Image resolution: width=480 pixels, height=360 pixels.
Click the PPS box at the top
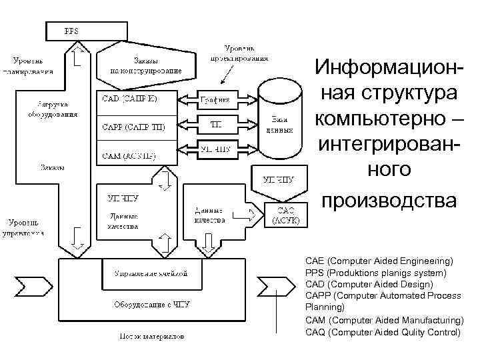[x=86, y=31]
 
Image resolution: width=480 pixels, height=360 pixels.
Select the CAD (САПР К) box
[x=136, y=99]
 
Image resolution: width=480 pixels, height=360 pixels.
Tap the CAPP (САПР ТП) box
[x=136, y=127]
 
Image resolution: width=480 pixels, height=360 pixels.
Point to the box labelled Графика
[x=217, y=100]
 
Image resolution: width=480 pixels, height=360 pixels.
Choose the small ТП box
[x=217, y=125]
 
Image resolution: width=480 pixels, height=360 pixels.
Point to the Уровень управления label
[x=27, y=227]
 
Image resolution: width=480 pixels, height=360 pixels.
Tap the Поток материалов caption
[x=151, y=337]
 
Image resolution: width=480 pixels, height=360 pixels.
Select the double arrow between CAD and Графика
[x=186, y=100]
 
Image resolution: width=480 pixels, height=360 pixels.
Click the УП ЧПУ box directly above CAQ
[x=279, y=179]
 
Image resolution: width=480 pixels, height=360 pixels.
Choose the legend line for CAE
[x=379, y=260]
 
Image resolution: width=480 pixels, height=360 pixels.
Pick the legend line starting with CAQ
[x=383, y=331]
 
